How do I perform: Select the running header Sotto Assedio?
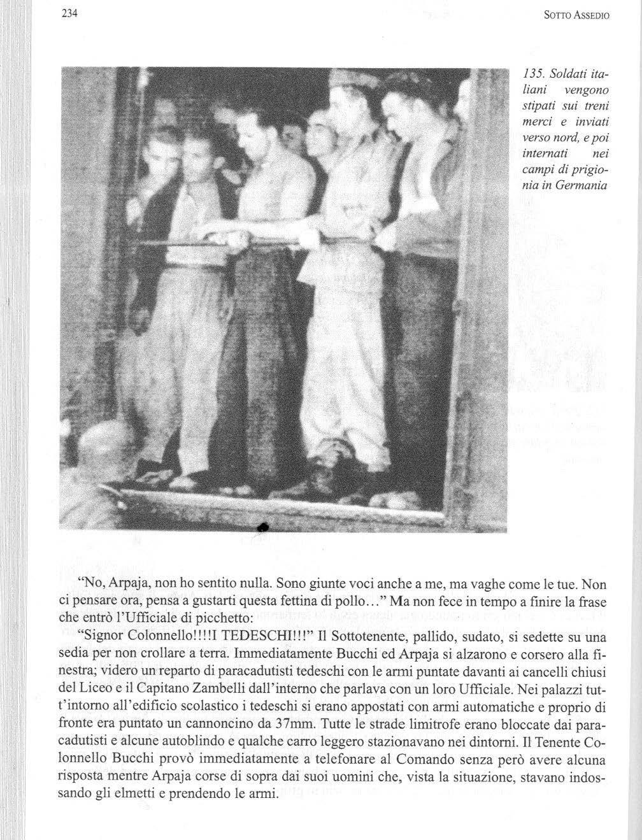577,17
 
